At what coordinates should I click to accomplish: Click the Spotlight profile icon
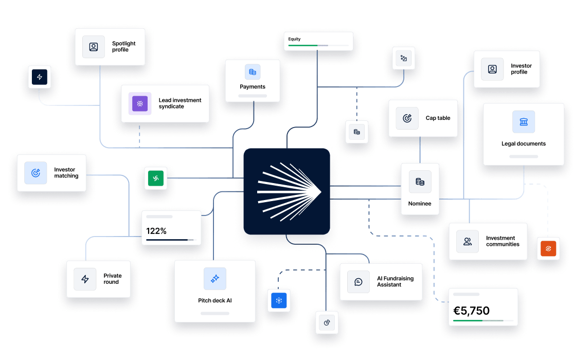tap(93, 47)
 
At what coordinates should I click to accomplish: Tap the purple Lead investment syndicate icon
tap(140, 103)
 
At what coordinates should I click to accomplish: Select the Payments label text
tap(253, 87)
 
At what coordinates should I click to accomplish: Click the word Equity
tap(295, 39)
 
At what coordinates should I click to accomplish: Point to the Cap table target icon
tap(407, 118)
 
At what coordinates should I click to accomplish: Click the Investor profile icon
tap(492, 69)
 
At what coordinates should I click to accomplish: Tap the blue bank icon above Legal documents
tap(523, 122)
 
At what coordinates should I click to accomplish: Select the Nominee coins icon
tap(420, 182)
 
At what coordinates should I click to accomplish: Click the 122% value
tap(156, 231)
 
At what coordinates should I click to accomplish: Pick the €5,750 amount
tap(471, 311)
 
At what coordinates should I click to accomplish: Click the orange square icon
tap(548, 249)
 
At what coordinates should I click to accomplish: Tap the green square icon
tap(155, 178)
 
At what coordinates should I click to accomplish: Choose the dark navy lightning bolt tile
tap(40, 77)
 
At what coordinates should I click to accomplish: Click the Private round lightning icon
tap(85, 279)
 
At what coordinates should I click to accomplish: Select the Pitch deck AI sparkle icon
tap(215, 279)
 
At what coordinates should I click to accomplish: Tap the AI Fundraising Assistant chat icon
tap(358, 282)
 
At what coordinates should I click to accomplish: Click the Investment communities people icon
tap(468, 241)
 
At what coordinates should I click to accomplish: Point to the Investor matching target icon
tap(35, 173)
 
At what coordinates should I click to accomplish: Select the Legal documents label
tap(523, 144)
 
